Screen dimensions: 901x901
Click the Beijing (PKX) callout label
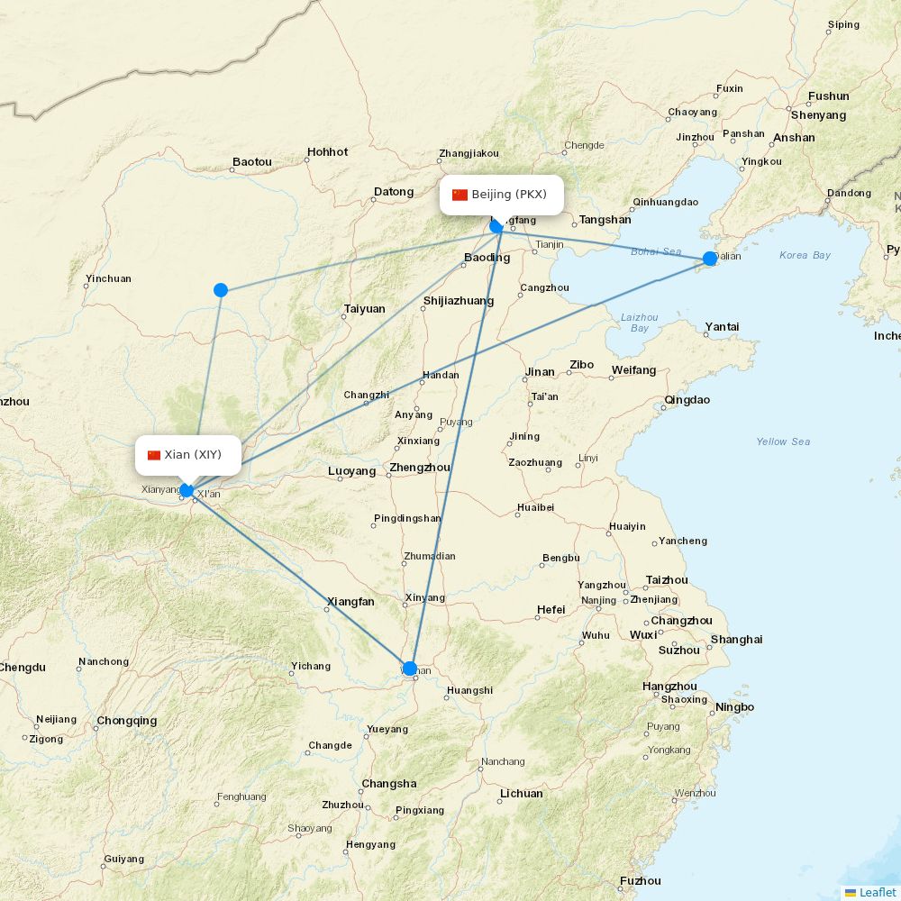[502, 195]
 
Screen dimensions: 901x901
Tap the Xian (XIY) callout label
[188, 455]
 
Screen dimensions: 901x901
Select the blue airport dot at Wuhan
[410, 669]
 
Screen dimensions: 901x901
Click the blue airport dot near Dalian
[710, 259]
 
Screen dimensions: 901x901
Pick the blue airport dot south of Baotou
[221, 290]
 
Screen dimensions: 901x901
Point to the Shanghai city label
[736, 640]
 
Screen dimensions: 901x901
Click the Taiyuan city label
[364, 309]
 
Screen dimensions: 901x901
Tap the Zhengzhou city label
[420, 469]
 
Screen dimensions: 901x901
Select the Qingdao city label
[687, 400]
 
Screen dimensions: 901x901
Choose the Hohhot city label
[327, 152]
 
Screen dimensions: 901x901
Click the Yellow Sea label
[783, 441]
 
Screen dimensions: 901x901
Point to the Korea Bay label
[805, 256]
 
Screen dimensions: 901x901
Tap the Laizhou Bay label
[640, 323]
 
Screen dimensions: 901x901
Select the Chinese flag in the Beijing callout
[460, 195]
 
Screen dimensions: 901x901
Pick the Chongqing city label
[127, 721]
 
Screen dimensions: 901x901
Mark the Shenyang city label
[818, 115]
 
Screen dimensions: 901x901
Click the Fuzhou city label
[640, 881]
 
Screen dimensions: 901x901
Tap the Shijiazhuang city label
[459, 302]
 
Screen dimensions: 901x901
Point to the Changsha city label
[389, 784]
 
